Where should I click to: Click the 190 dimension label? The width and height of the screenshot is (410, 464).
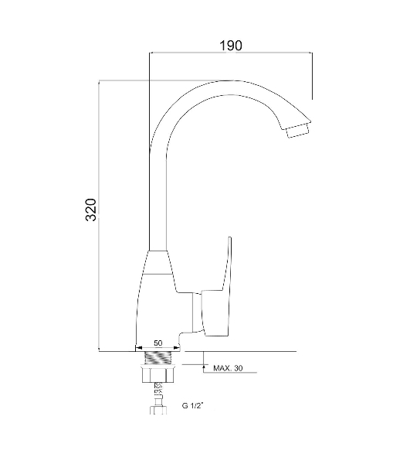(x=231, y=46)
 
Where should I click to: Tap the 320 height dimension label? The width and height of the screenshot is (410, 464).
(x=91, y=210)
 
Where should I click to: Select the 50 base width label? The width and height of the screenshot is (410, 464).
(x=158, y=343)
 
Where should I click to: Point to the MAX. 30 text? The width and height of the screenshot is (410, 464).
(x=228, y=368)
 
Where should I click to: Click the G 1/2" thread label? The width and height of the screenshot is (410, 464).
(x=192, y=405)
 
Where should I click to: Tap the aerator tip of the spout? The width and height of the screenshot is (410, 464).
(x=299, y=131)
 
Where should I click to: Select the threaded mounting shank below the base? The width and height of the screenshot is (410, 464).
(x=158, y=358)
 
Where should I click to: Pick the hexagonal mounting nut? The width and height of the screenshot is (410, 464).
(x=158, y=374)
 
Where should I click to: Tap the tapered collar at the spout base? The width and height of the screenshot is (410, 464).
(x=158, y=262)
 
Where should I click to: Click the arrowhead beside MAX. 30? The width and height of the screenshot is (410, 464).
(x=204, y=367)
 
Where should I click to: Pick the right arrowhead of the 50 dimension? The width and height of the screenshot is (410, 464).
(x=177, y=348)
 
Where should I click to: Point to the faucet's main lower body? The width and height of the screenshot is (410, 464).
(x=160, y=311)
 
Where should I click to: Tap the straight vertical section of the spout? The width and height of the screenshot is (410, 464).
(x=158, y=201)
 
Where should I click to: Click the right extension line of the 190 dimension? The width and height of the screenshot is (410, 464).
(x=312, y=76)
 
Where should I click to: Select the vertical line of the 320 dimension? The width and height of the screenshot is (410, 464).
(x=99, y=216)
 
